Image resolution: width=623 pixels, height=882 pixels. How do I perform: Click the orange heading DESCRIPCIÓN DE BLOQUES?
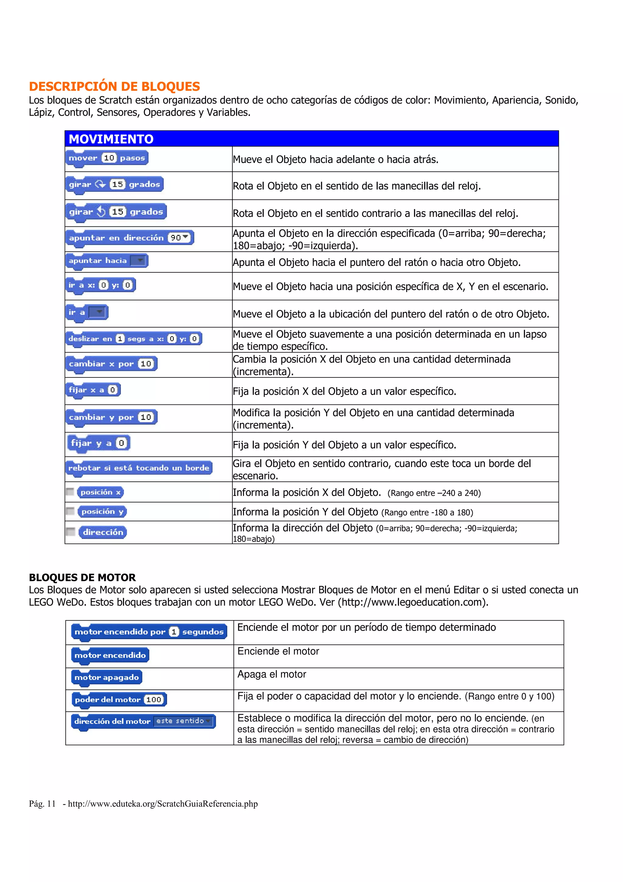(114, 86)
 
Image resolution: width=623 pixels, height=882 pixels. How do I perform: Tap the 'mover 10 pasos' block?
(107, 158)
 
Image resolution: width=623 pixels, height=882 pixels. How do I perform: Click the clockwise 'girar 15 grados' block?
(114, 184)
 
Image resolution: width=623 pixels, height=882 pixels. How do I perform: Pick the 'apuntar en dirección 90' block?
(129, 238)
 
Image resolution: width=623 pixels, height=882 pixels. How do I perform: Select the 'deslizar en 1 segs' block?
(134, 338)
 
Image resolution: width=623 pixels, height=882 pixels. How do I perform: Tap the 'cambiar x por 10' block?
(111, 363)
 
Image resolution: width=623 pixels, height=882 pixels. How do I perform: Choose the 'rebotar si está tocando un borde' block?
(139, 467)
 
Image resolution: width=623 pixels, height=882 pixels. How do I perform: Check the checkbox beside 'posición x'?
(70, 492)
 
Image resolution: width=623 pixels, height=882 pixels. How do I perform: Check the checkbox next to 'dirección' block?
(70, 532)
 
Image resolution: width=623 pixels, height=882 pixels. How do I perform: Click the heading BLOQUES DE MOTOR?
(82, 577)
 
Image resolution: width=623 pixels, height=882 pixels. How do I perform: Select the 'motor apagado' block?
(107, 677)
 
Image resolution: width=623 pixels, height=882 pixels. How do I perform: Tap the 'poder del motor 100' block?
(119, 699)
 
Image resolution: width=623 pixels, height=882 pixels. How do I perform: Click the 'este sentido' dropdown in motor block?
(183, 721)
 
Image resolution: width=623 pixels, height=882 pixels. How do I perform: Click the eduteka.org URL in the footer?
(163, 804)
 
